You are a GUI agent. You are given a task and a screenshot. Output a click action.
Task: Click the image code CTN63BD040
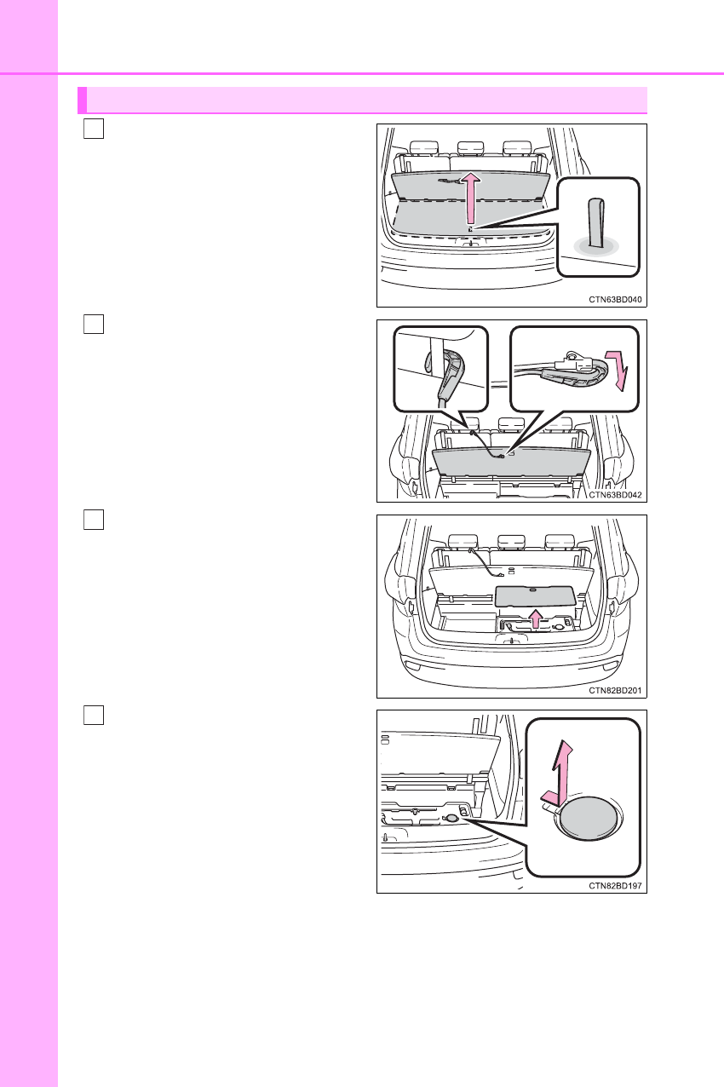615,299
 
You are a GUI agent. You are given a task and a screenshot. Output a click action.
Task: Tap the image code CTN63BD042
615,494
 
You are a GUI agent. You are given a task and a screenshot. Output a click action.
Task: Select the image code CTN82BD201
615,690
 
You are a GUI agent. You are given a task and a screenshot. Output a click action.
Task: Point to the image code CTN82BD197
615,886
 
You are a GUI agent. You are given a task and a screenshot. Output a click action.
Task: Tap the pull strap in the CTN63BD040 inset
597,222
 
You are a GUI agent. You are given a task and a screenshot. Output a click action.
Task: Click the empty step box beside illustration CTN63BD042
94,325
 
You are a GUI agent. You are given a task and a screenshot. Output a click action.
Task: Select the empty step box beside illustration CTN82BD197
94,715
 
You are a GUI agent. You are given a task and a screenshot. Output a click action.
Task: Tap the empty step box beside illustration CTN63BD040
94,129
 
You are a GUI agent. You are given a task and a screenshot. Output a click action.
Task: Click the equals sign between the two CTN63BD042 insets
499,382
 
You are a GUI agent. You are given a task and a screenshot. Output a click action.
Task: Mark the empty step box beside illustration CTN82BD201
94,520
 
